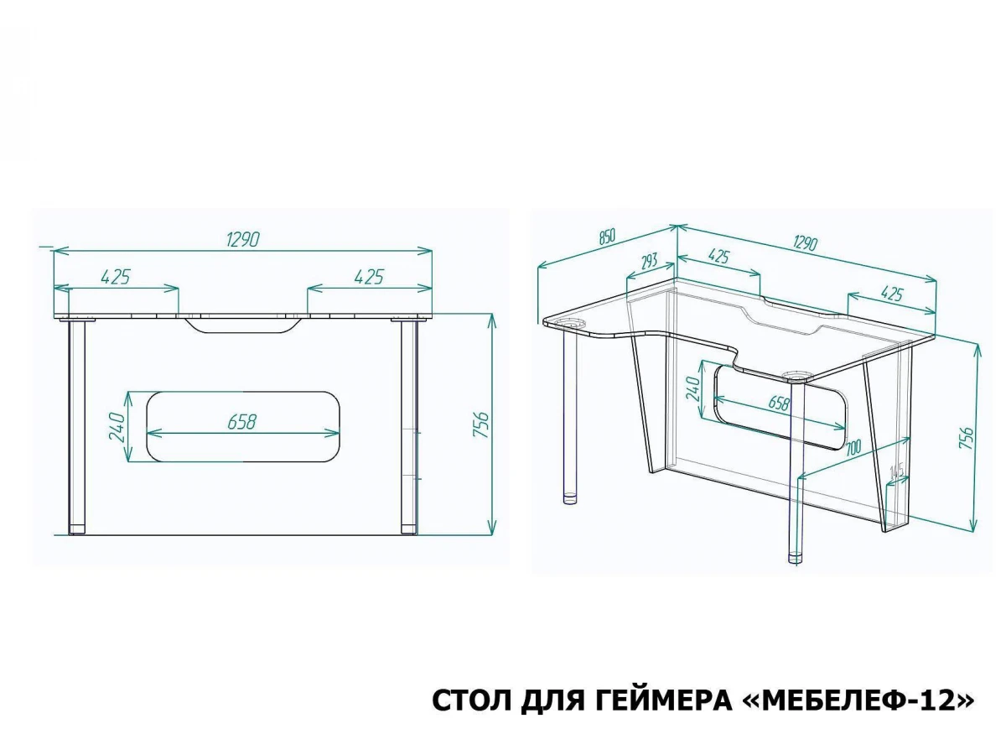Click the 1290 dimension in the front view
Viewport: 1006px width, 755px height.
coord(243,239)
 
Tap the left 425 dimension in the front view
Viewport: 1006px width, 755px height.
coord(116,277)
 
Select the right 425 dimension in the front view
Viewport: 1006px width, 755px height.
coord(369,277)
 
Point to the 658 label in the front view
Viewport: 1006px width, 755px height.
coord(242,422)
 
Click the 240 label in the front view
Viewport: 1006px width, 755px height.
coord(117,427)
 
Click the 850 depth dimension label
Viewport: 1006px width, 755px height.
coord(606,237)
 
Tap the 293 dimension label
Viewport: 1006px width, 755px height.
coord(650,261)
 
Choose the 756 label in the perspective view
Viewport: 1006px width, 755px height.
coord(965,437)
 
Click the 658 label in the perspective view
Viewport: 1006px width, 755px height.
coord(779,403)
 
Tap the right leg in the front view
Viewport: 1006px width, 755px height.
coord(409,427)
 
